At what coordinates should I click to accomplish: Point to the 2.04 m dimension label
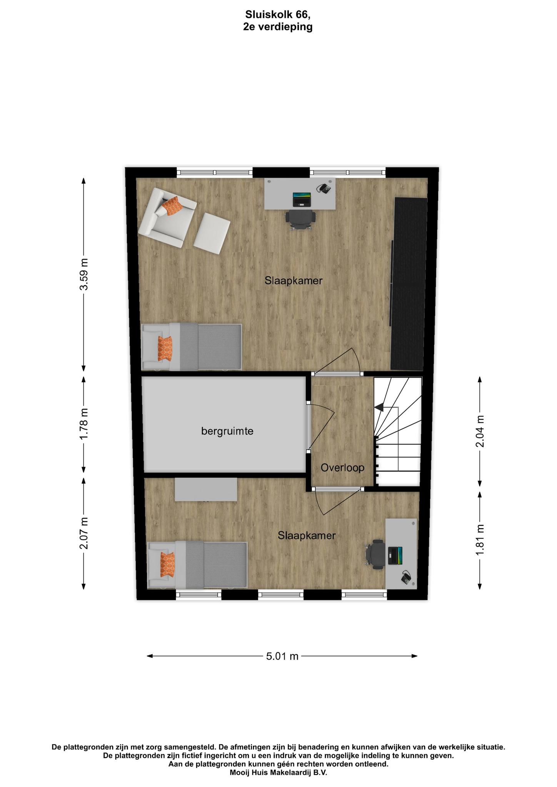coord(480,432)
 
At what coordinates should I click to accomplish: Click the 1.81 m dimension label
coord(480,539)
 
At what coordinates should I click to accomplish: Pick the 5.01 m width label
coord(282,656)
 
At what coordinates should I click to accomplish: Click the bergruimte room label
coord(227,431)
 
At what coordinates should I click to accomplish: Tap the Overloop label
coord(342,468)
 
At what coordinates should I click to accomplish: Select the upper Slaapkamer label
coord(294,281)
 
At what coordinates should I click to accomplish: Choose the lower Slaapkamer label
coord(307,535)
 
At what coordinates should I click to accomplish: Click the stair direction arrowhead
coord(379,407)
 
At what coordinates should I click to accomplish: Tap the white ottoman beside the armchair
coord(212,233)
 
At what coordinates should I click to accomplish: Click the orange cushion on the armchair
coord(172,206)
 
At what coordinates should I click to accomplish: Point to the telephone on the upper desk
coord(324,188)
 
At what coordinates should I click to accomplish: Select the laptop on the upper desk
coord(302,199)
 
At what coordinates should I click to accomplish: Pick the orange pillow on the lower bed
coord(167,565)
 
